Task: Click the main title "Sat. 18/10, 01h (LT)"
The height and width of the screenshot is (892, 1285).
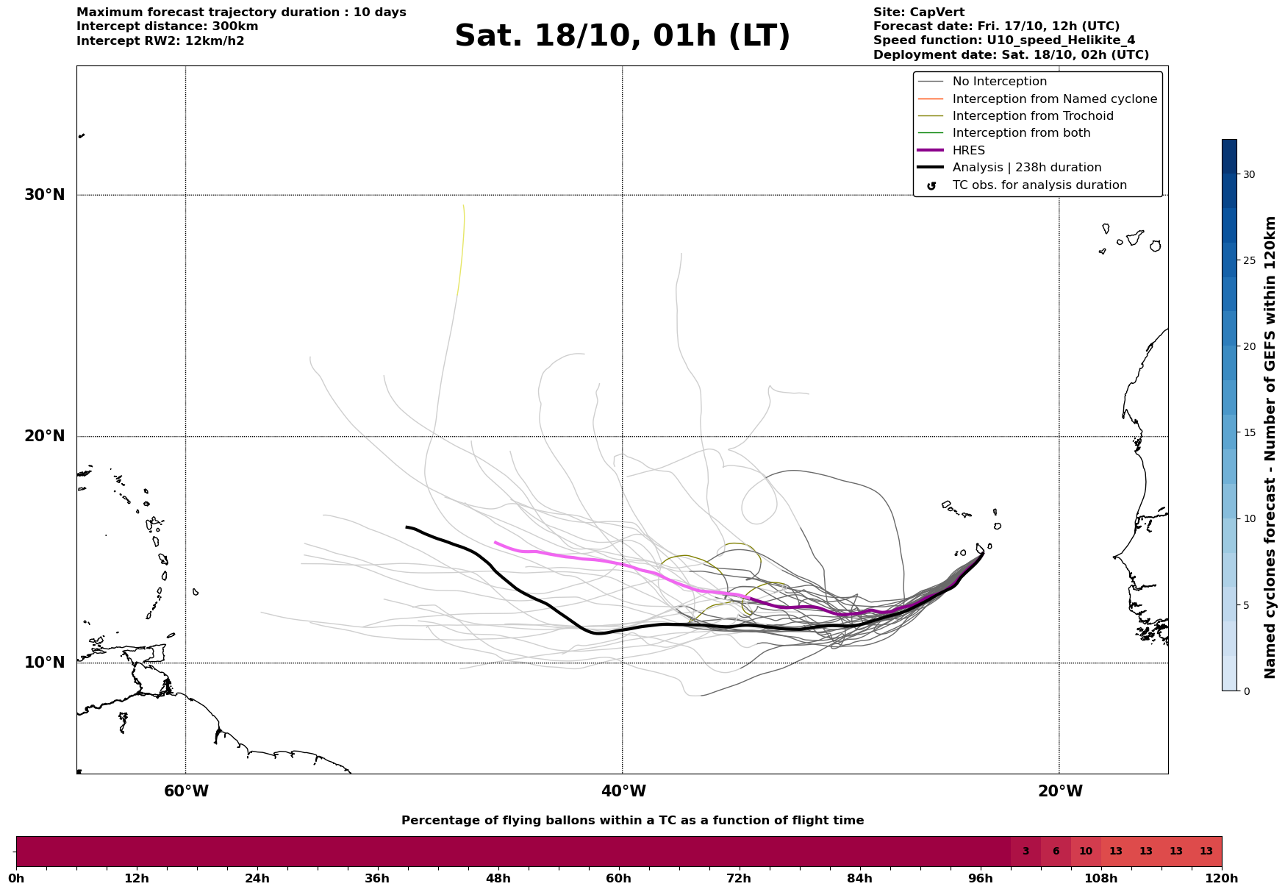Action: pyautogui.click(x=622, y=36)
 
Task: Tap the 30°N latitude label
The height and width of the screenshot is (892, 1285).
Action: pyautogui.click(x=44, y=195)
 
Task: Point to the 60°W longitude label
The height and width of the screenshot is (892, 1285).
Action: pyautogui.click(x=186, y=791)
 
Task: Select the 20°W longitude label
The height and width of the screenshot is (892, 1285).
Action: pyautogui.click(x=1059, y=791)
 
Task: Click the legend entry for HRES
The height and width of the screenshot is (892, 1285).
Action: pyautogui.click(x=968, y=151)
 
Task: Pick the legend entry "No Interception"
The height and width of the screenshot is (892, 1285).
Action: pyautogui.click(x=999, y=82)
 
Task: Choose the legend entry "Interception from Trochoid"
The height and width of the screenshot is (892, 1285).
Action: pyautogui.click(x=1032, y=116)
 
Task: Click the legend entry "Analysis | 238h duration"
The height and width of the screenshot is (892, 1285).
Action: pyautogui.click(x=1026, y=168)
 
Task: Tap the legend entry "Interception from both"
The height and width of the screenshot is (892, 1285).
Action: pyautogui.click(x=1021, y=133)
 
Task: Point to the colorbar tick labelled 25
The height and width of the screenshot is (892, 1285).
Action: pyautogui.click(x=1248, y=260)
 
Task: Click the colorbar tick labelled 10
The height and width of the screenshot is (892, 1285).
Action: pyautogui.click(x=1248, y=518)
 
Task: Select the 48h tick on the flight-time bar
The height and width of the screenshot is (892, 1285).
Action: pyautogui.click(x=498, y=878)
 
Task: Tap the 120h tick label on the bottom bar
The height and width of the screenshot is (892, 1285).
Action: pyautogui.click(x=1221, y=878)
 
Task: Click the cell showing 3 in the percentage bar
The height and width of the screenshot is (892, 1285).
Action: pyautogui.click(x=1026, y=852)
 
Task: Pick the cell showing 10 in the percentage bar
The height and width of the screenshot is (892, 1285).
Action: pyautogui.click(x=1086, y=852)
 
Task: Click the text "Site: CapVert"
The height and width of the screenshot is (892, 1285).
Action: pyautogui.click(x=918, y=13)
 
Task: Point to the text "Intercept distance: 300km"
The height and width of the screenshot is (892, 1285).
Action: pyautogui.click(x=167, y=26)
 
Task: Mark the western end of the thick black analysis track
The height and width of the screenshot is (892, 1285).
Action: pyautogui.click(x=407, y=527)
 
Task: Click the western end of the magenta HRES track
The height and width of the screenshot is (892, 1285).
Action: pyautogui.click(x=495, y=543)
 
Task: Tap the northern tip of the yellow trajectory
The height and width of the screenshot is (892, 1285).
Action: pyautogui.click(x=463, y=205)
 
